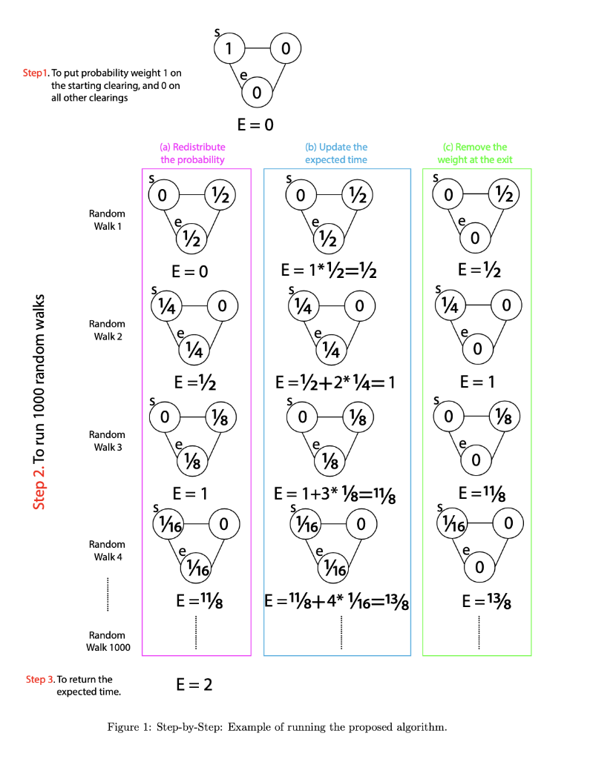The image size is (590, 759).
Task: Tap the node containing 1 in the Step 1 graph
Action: [229, 49]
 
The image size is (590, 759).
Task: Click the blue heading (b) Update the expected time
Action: [336, 153]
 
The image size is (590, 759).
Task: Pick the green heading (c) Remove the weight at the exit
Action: [475, 153]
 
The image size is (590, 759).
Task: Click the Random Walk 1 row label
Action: [107, 220]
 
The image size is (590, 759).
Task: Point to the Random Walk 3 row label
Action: [107, 440]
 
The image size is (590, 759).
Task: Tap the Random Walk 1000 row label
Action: [108, 641]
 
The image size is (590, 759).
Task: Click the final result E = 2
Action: [194, 685]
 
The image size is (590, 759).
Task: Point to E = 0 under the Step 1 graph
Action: [256, 125]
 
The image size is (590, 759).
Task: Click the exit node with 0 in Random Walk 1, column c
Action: [475, 238]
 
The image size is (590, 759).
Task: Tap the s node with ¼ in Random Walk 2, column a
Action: [163, 305]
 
